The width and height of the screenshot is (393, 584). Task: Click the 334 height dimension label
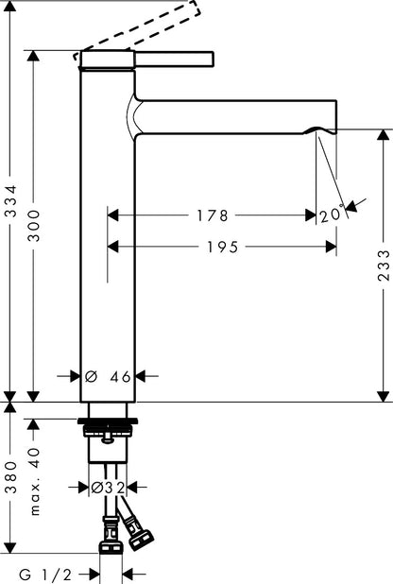[10, 201]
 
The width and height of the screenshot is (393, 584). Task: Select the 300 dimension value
[34, 226]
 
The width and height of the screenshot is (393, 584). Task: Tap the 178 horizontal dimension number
[212, 215]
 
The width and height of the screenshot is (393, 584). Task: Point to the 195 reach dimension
[222, 247]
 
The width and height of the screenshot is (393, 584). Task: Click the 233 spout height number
[384, 265]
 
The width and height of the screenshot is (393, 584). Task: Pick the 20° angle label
[332, 215]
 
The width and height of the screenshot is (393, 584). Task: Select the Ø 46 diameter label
[108, 376]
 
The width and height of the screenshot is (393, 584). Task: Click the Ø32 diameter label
[108, 488]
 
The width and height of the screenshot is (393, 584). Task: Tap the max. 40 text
[34, 482]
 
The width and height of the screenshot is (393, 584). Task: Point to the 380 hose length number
[10, 477]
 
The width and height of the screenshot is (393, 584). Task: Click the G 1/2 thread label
[45, 575]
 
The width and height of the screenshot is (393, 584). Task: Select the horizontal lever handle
[174, 60]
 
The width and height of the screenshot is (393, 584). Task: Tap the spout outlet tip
[320, 131]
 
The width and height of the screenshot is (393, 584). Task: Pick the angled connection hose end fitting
[141, 538]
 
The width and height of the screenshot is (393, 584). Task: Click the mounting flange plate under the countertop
[108, 421]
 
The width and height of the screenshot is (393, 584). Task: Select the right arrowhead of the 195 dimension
[331, 247]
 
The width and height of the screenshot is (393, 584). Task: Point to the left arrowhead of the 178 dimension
[112, 215]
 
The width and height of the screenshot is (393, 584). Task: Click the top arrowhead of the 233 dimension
[383, 135]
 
